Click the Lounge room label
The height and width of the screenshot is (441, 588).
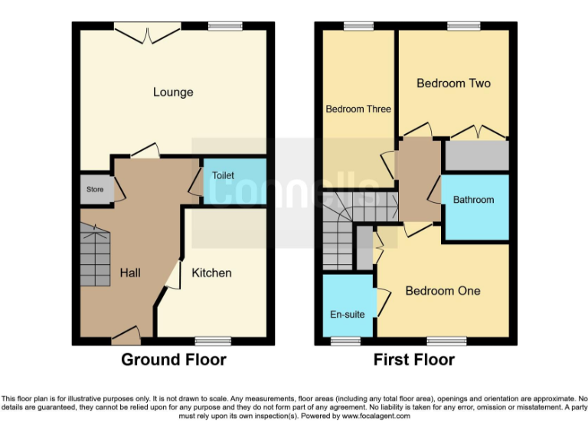[x=173, y=93]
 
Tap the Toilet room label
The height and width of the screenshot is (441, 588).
[x=223, y=175]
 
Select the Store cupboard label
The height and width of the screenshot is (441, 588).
[x=94, y=190]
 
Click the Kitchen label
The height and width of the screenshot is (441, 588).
[x=211, y=273]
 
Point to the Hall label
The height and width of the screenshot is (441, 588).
[x=129, y=273]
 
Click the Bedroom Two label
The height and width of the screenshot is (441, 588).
[x=453, y=83]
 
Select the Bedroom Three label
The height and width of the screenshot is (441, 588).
[x=358, y=109]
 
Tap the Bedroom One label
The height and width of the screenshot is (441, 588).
[x=443, y=291]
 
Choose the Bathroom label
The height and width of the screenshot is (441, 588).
[x=473, y=200]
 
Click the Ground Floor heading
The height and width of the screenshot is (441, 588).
[x=174, y=360]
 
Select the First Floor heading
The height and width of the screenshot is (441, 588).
[x=413, y=360]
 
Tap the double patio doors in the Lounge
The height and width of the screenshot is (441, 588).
[x=148, y=28]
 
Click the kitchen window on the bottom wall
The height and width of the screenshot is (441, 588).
[x=212, y=341]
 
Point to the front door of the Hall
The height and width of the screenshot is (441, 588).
[x=126, y=335]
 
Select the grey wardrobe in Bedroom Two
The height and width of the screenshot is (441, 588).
[x=477, y=155]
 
